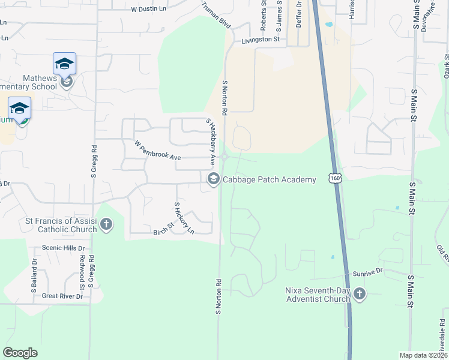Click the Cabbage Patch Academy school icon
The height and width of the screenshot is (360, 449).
coord(213,179)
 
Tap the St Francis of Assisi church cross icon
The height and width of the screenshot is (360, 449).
coord(106,225)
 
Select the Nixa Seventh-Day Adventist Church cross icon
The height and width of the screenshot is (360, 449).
coord(359,294)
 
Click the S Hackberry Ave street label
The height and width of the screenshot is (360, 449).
coord(211,141)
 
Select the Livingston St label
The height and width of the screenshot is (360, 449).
coord(261,40)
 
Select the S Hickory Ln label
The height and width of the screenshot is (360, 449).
coord(184,218)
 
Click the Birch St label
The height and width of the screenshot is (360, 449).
coord(162,229)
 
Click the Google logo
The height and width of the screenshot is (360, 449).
coord(20,353)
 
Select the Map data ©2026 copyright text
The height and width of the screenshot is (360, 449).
coord(423,355)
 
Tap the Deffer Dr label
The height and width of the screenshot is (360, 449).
coord(298,12)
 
